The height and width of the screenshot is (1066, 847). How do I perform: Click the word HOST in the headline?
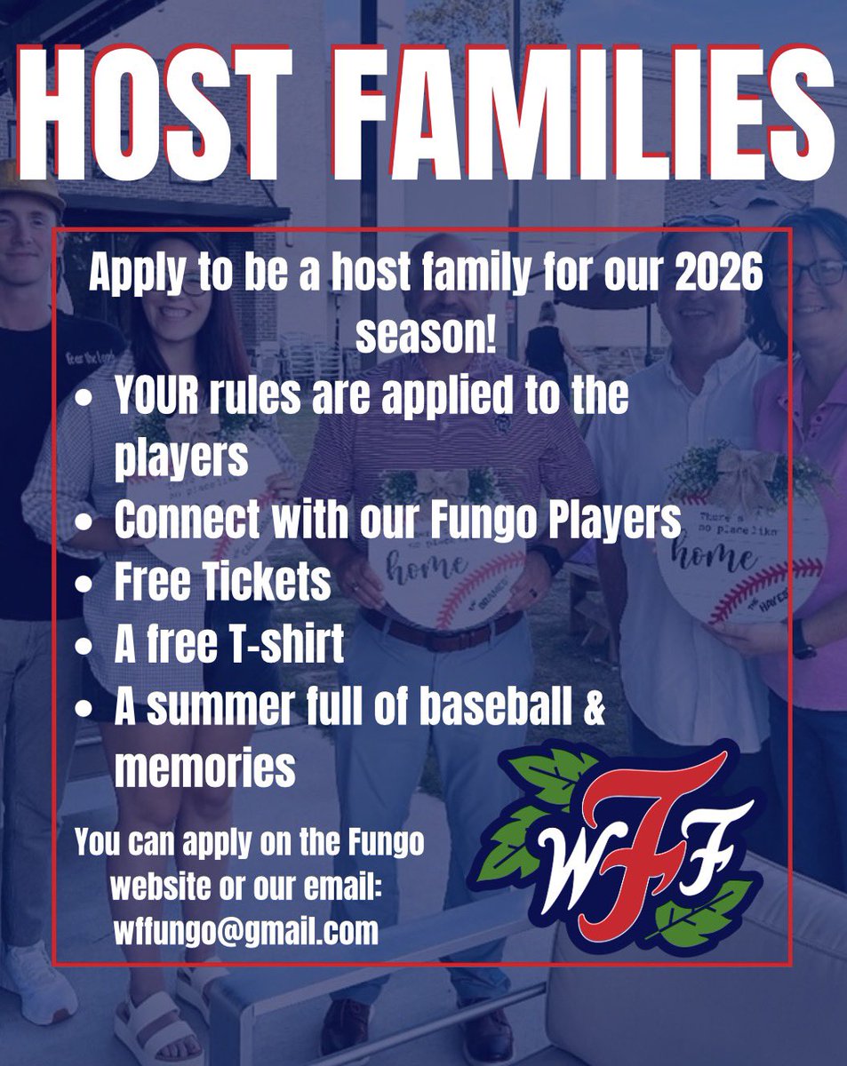[178, 111]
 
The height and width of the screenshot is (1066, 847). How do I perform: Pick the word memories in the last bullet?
[204, 769]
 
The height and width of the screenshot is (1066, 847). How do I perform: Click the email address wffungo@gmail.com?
[245, 932]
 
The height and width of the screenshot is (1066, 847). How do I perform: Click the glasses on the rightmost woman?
[810, 274]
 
